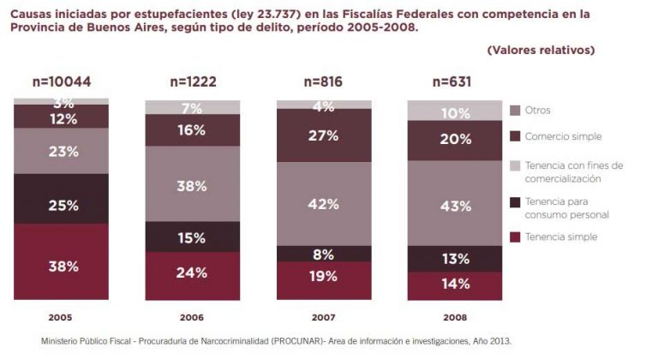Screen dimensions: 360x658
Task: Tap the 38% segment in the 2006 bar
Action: point(192,184)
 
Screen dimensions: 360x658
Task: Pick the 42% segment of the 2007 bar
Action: point(323,204)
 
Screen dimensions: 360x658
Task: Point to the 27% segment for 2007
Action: point(323,135)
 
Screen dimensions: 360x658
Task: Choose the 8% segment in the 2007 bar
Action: point(323,254)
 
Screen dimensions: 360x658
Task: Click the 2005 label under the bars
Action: point(61,316)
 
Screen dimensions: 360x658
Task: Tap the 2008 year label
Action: point(455,316)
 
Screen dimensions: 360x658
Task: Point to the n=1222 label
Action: point(192,82)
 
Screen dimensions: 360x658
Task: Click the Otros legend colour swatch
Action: point(516,110)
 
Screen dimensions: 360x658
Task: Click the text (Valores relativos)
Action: point(540,50)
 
